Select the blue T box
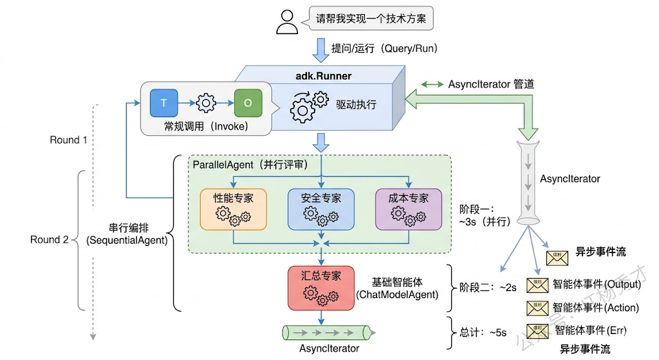click(163, 103)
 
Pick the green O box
click(248, 103)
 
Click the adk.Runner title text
click(323, 76)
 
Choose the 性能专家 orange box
click(233, 209)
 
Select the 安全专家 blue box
click(320, 209)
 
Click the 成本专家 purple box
click(408, 209)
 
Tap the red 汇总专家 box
click(320, 287)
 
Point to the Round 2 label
click(49, 240)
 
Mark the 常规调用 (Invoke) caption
click(205, 126)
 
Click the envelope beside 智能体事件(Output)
click(536, 285)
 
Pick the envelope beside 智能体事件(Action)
click(536, 307)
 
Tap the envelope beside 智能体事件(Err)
click(536, 330)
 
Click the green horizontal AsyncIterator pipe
click(328, 332)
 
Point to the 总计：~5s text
click(483, 333)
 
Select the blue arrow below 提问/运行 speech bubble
click(320, 48)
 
